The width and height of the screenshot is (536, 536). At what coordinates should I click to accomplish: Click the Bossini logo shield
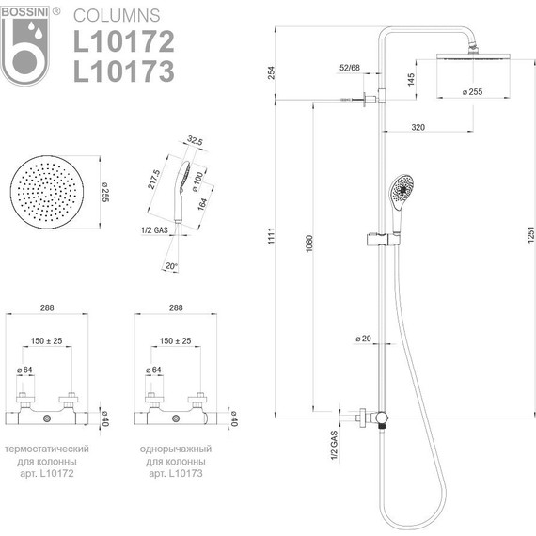[x=24, y=46]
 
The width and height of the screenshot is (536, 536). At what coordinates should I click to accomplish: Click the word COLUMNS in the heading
[x=117, y=16]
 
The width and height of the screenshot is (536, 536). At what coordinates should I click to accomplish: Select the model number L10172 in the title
[x=124, y=41]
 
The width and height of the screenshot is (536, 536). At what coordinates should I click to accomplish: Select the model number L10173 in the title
[x=124, y=71]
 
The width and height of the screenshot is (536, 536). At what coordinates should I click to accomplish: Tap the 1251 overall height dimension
[x=530, y=235]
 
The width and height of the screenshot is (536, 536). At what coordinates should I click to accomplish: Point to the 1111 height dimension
[x=271, y=235]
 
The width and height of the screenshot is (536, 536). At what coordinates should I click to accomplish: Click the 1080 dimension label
[x=309, y=244]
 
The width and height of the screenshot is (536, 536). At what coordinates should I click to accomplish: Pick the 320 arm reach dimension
[x=418, y=128]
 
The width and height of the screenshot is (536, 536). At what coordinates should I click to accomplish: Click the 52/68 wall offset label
[x=350, y=68]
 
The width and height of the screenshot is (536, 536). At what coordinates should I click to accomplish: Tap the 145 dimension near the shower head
[x=411, y=79]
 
